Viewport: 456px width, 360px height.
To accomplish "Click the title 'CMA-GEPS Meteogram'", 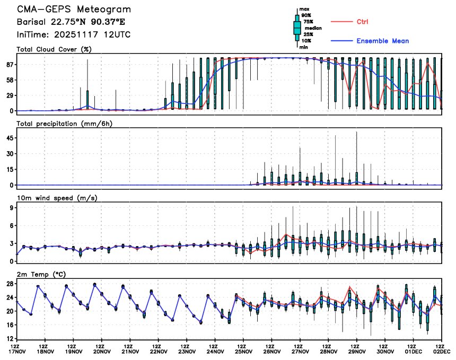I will coord(74,10).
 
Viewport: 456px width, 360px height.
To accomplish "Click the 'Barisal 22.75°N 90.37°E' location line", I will coord(74,22).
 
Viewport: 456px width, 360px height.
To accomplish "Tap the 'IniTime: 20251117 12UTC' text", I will coord(74,34).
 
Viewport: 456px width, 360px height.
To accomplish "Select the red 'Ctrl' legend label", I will coord(363,22).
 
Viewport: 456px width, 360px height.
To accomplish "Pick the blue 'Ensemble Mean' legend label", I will coord(382,41).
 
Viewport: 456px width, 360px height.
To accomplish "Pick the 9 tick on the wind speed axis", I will coord(11,208).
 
